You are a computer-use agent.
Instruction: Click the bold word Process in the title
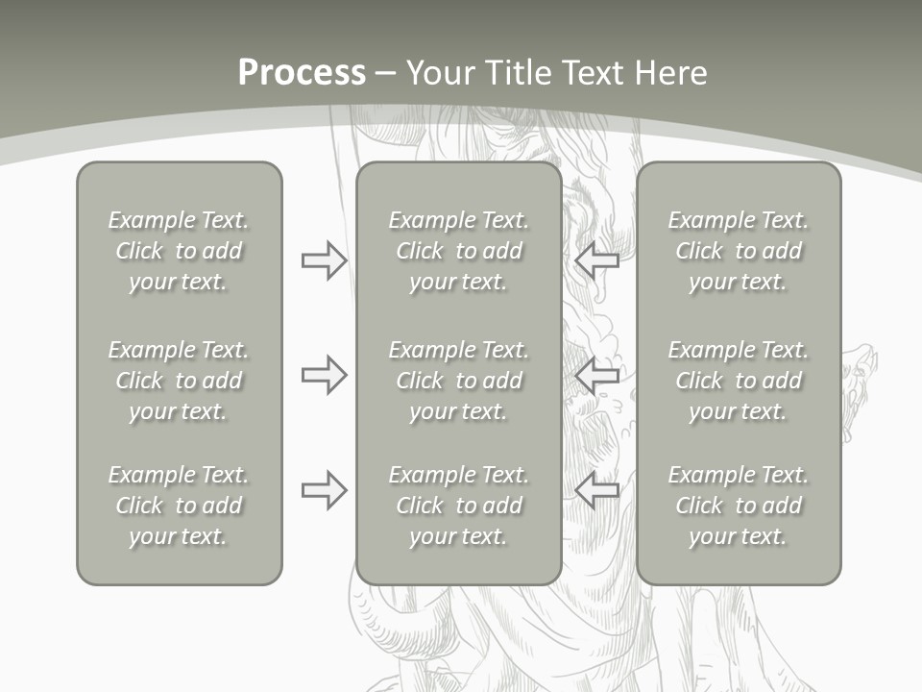tap(302, 73)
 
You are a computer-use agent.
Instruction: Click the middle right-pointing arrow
tap(324, 375)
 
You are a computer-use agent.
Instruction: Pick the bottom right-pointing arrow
tap(324, 490)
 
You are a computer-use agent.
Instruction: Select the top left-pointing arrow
tap(597, 259)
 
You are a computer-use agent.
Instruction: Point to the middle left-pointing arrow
tap(597, 375)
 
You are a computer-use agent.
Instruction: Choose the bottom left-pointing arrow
tap(597, 490)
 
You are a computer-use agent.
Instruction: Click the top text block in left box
tap(179, 251)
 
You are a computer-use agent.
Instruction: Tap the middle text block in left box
tap(179, 381)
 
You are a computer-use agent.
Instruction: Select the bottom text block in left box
tap(179, 506)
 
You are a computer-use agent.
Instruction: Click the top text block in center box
tap(458, 251)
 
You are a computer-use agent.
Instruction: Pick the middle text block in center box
tap(458, 381)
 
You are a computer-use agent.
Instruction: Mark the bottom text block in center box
tap(458, 506)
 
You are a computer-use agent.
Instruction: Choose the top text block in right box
tap(738, 251)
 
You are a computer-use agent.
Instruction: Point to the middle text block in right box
tap(738, 381)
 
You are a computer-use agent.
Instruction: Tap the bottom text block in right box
tap(738, 506)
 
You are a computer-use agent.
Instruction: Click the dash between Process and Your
tap(386, 74)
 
